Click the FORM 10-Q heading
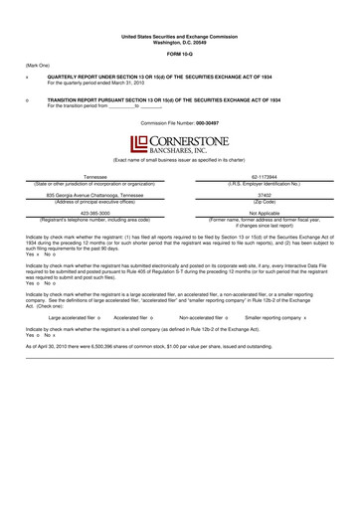click(x=179, y=54)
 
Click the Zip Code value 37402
click(x=270, y=195)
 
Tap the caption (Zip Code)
click(x=270, y=201)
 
